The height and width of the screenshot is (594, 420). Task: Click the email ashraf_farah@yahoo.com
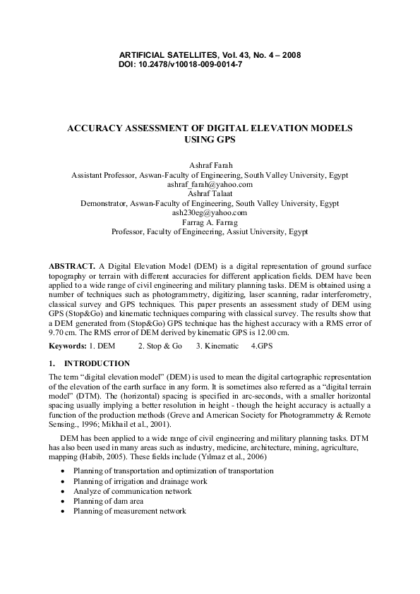point(210,183)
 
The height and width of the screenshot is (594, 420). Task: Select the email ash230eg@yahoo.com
point(210,212)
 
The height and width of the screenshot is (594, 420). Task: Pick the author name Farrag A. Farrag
point(210,222)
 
